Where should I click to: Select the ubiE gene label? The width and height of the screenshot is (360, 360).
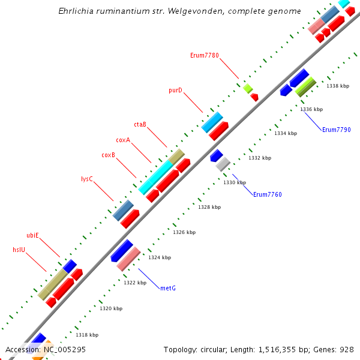coord(32,235)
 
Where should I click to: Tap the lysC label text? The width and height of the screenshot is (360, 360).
coord(87,179)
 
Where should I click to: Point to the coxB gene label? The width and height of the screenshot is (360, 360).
coord(108,155)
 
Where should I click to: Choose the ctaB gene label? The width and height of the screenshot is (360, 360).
coord(140,124)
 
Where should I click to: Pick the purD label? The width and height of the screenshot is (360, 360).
coord(175,91)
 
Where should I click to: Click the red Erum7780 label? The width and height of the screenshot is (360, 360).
coord(204,55)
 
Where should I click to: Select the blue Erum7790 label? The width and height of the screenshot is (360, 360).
coord(336,130)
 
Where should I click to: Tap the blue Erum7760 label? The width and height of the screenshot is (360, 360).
coord(267,194)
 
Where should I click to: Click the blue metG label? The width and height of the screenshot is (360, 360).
coord(168,288)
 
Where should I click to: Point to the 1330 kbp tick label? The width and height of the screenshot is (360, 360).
coord(235,182)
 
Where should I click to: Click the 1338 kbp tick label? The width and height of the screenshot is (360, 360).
coord(338,86)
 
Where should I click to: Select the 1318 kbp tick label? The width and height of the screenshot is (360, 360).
coord(87,335)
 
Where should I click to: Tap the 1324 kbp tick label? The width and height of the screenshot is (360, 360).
coord(160,257)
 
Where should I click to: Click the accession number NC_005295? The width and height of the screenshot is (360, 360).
coord(63,349)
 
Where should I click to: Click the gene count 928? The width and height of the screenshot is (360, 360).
coord(347,349)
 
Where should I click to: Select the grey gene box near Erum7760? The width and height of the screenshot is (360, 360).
coord(223,164)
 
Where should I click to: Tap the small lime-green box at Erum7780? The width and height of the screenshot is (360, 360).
coord(248,89)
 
